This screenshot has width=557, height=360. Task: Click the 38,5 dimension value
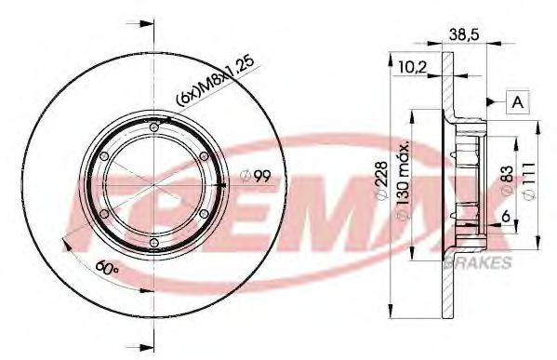pyautogui.click(x=464, y=34)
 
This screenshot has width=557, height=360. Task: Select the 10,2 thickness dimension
pyautogui.click(x=412, y=67)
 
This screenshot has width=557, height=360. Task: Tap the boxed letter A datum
pyautogui.click(x=518, y=102)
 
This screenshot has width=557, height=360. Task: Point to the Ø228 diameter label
pyautogui.click(x=381, y=180)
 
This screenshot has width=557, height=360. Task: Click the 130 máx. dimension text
pyautogui.click(x=404, y=180)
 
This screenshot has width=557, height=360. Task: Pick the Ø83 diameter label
pyautogui.click(x=508, y=180)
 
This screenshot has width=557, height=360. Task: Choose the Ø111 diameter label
pyautogui.click(x=529, y=180)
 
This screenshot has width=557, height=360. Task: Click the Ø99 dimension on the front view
pyautogui.click(x=256, y=176)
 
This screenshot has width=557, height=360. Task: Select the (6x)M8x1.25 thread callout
pyautogui.click(x=216, y=81)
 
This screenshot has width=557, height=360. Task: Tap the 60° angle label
pyautogui.click(x=107, y=267)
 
